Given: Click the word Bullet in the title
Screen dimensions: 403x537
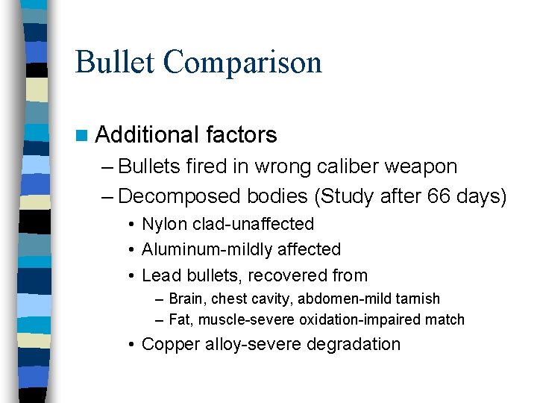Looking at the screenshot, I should pos(116,62).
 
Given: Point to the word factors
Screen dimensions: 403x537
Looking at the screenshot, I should pos(242,135).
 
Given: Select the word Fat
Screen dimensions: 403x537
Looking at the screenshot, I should pos(180,319).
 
